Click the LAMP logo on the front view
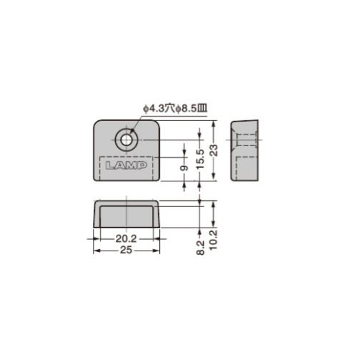click(126, 166)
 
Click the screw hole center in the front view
click(127, 140)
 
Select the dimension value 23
click(215, 150)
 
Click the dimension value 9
click(184, 168)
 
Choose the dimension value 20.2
click(126, 239)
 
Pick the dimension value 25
click(126, 250)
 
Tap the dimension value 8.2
click(200, 248)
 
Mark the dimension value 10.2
click(213, 240)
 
